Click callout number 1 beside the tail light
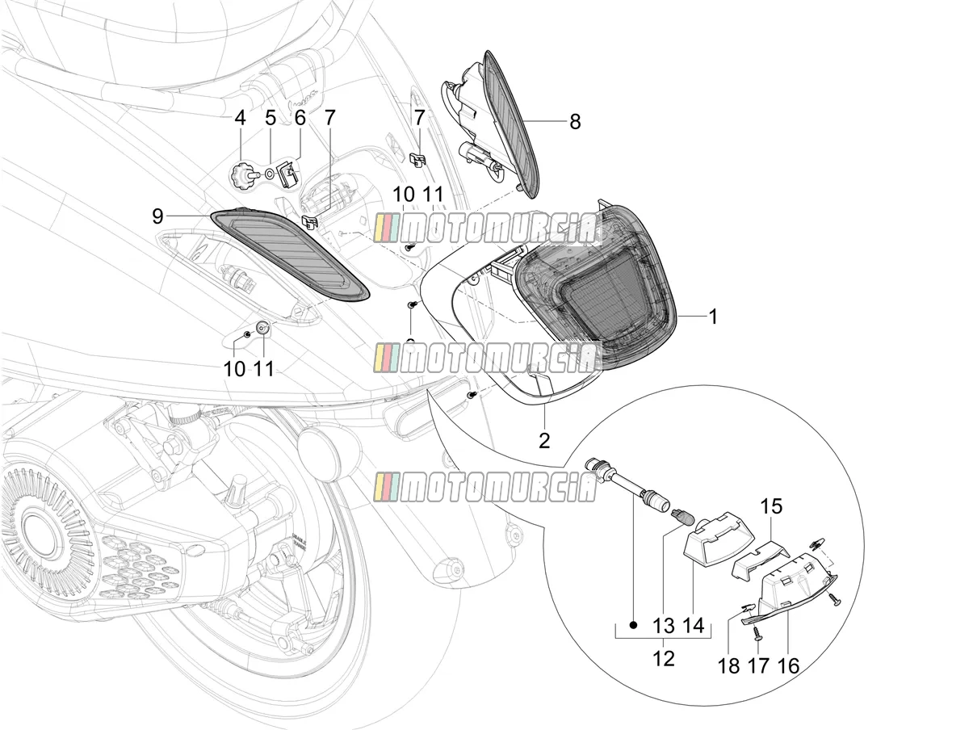point(713,317)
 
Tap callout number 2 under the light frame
point(544,441)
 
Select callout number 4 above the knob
point(240,118)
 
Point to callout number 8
point(575,121)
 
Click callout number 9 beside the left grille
point(157,216)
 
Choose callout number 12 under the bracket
point(664,671)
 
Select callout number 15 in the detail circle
point(771,506)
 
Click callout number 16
point(788,678)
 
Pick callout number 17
point(758,678)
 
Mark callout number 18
point(729,678)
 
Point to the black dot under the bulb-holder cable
point(633,626)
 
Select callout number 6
point(300,118)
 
